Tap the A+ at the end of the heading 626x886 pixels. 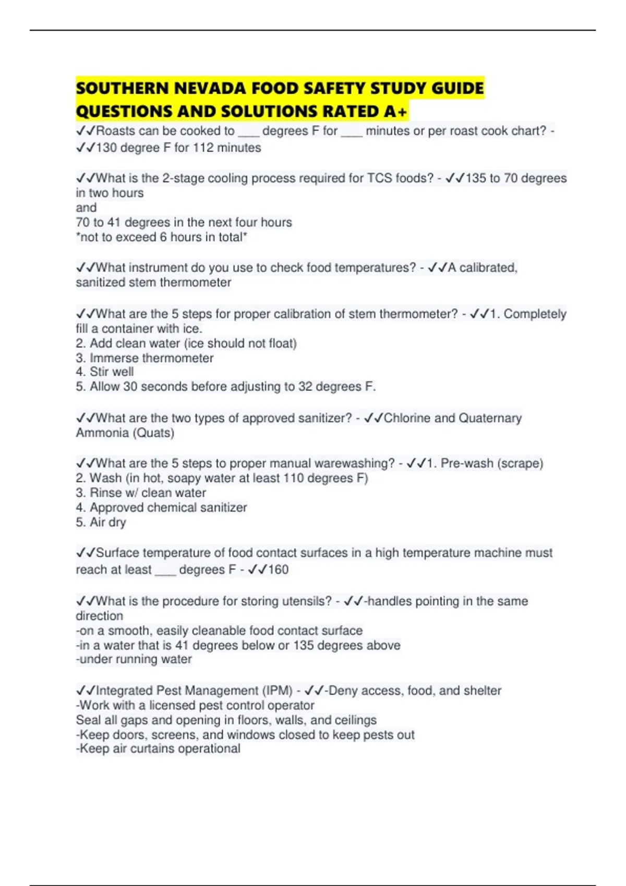coord(396,112)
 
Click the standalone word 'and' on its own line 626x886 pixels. coord(86,207)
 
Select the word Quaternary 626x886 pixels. coord(490,418)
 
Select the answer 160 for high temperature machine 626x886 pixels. coord(278,570)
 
